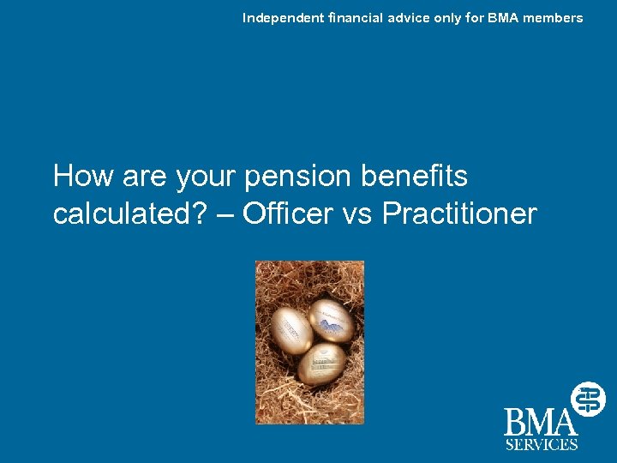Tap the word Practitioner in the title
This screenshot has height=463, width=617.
459,213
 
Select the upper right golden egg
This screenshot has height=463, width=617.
330,321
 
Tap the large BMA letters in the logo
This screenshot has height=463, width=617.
539,424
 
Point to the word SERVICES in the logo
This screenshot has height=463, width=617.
541,444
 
